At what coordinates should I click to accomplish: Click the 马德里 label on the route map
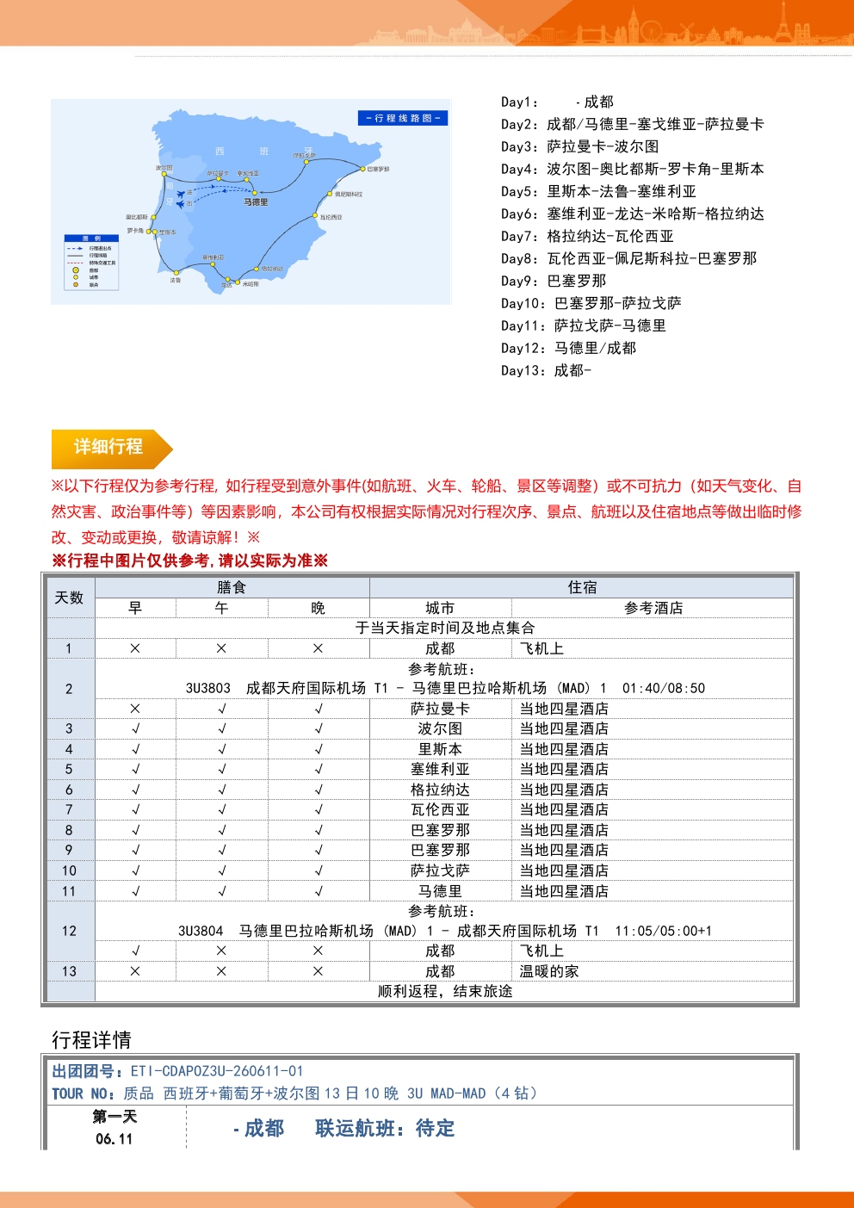256,202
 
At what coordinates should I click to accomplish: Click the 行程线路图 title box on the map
403,118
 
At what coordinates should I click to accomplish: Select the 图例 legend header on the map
91,239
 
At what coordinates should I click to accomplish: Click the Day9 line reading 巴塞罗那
554,281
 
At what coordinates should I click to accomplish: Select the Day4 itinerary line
632,169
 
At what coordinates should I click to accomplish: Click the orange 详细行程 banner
108,447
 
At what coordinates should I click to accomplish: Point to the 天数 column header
69,598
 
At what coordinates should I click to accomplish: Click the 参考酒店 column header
653,608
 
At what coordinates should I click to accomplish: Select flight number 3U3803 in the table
207,688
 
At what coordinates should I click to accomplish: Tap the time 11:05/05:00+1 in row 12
663,931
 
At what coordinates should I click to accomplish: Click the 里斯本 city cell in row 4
440,749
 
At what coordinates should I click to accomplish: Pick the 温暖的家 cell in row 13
549,971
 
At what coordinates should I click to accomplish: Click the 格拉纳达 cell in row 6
440,790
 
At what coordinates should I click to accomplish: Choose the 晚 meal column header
318,608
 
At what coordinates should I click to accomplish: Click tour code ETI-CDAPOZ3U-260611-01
217,1071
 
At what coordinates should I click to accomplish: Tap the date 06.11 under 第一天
114,1139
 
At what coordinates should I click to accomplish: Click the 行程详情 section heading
91,1039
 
